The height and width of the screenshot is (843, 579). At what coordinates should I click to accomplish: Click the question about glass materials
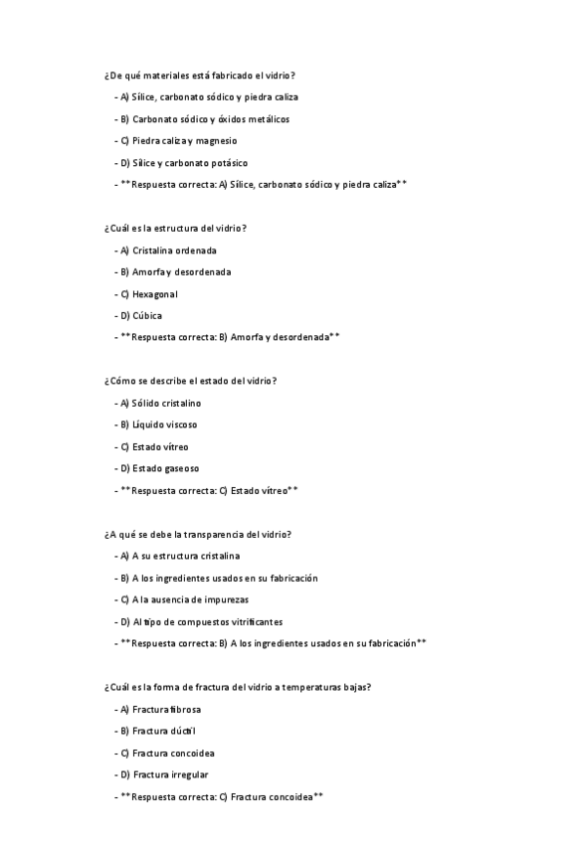[199, 76]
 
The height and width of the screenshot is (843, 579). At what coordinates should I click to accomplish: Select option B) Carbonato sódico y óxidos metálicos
[204, 119]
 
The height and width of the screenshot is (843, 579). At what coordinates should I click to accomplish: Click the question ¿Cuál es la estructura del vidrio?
[175, 229]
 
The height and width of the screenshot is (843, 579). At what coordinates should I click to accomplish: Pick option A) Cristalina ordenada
[167, 251]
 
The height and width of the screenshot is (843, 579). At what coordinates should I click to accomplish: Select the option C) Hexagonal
[148, 294]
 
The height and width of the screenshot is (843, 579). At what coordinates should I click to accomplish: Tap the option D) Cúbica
[140, 316]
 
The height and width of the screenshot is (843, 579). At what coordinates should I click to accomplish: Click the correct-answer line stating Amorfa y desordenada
[229, 338]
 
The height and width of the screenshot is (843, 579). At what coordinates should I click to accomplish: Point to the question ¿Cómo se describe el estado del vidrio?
[190, 382]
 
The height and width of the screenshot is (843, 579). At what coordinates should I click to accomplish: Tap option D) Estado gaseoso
[159, 469]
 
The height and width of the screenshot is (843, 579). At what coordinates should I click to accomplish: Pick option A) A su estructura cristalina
[179, 557]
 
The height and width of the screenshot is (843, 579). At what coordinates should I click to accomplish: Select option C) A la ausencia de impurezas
[183, 600]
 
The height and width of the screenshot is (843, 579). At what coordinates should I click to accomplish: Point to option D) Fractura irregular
[163, 775]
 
